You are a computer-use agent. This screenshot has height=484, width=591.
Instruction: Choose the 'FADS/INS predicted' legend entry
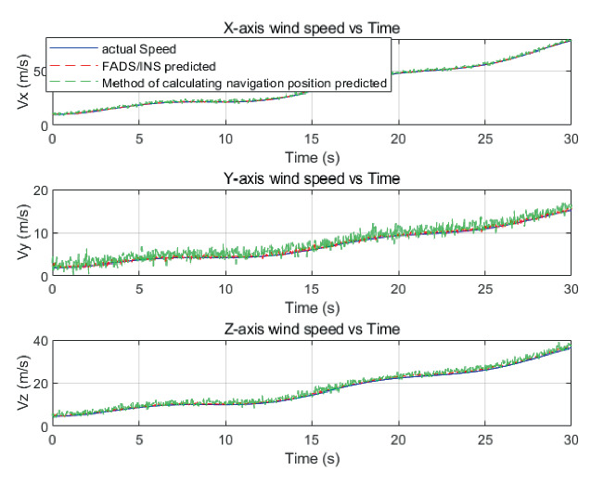(161, 66)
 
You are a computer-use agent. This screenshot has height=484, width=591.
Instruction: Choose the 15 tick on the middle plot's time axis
(311, 289)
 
